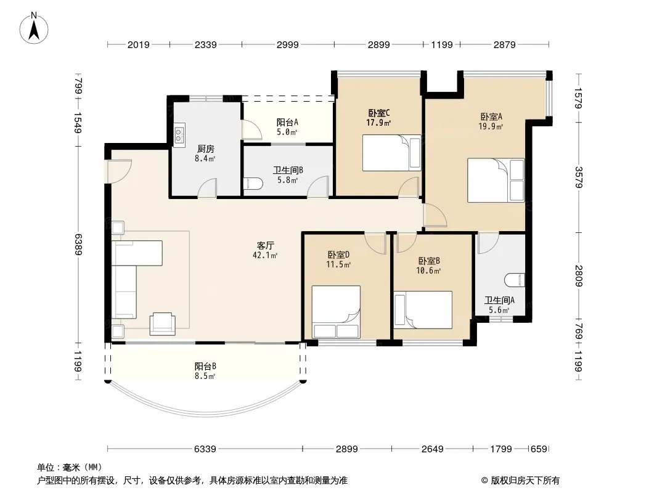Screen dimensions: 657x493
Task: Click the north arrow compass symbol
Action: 33,28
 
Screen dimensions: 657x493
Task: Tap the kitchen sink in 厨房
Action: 179,134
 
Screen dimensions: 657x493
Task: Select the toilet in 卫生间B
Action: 253,183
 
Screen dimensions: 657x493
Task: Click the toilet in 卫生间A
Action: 515,280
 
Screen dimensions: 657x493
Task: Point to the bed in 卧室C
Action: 391,152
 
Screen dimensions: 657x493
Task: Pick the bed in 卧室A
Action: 496,180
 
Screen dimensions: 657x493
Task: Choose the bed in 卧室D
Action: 336,312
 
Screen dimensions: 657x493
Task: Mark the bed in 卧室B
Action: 423,310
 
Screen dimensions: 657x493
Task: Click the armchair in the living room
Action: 163,324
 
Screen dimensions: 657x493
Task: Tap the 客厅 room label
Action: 265,245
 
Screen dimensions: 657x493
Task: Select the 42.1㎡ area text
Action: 265,255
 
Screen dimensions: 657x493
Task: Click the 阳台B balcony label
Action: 205,366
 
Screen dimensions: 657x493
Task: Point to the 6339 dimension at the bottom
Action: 205,449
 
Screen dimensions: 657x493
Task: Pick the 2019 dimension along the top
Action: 138,44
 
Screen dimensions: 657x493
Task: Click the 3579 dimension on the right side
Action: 578,177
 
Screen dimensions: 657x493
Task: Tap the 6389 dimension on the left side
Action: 78,244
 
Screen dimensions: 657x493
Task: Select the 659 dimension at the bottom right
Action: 539,449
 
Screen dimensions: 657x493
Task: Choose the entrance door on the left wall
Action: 119,171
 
